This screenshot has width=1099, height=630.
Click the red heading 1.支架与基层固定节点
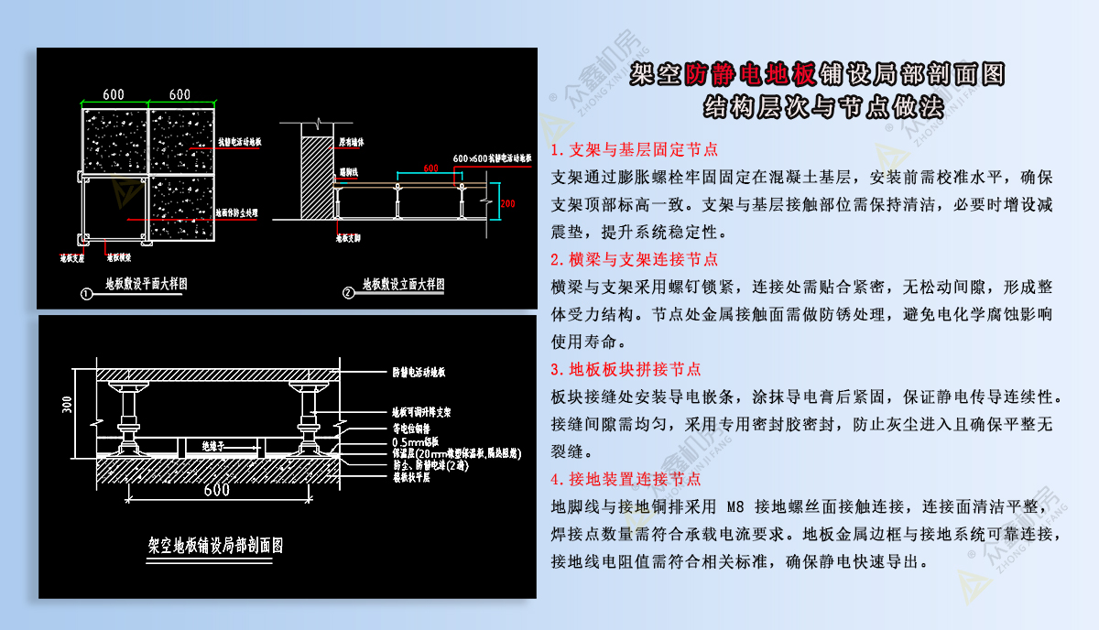click(x=634, y=149)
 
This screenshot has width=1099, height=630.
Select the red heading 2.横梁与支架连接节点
click(x=634, y=260)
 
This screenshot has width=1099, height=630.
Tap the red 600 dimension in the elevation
click(x=430, y=168)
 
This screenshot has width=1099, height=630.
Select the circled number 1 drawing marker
click(x=85, y=294)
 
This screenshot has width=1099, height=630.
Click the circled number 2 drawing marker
click(x=347, y=293)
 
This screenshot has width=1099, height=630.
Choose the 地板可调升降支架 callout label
click(x=421, y=413)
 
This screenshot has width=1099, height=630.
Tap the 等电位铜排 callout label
click(x=411, y=428)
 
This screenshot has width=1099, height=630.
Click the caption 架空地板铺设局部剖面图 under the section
click(x=215, y=546)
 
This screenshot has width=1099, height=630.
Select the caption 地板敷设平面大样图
click(x=147, y=285)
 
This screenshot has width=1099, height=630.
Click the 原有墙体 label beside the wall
click(x=354, y=143)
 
